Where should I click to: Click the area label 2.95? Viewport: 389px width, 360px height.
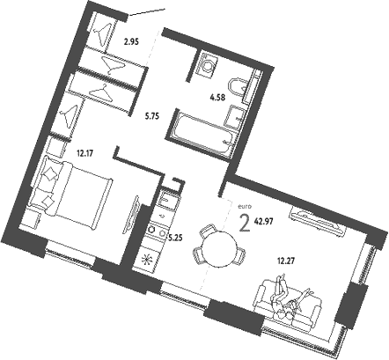pyautogui.click(x=132, y=41)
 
